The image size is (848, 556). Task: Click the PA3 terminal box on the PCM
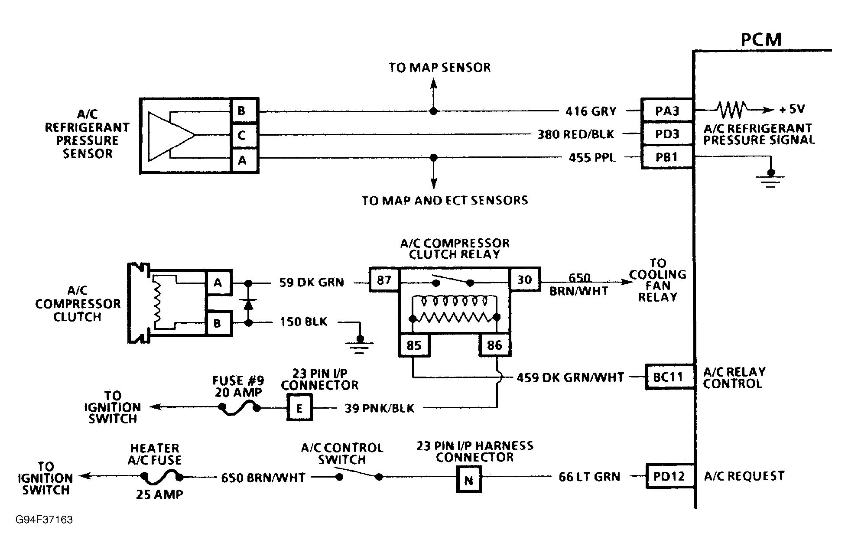pos(667,111)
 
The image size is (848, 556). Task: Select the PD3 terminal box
pos(667,134)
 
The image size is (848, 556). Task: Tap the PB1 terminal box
pos(667,157)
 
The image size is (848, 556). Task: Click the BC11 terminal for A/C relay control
pos(668,377)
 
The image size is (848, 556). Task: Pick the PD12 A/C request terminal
pos(669,476)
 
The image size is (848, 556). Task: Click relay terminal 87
pos(384,280)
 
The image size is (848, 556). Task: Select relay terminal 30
pos(525,280)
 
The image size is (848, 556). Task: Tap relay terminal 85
pos(414,345)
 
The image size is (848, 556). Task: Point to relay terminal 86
pos(494,345)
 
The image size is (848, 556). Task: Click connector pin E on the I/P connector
pos(299,408)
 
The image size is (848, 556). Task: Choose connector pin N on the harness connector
pos(468,480)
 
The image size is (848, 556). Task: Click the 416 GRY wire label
pos(591,111)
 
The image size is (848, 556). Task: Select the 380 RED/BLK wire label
pos(576,134)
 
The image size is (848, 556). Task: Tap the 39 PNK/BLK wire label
pos(379,408)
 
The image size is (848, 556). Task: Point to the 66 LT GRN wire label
pos(589,477)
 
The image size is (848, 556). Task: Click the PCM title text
pos(761,39)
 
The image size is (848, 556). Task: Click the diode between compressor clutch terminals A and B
pos(248,303)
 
